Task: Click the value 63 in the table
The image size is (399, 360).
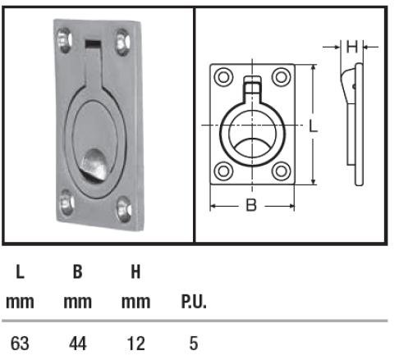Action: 20,341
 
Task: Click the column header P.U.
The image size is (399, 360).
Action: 193,302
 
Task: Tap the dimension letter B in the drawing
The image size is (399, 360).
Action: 251,205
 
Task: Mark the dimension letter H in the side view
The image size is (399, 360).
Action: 351,47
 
